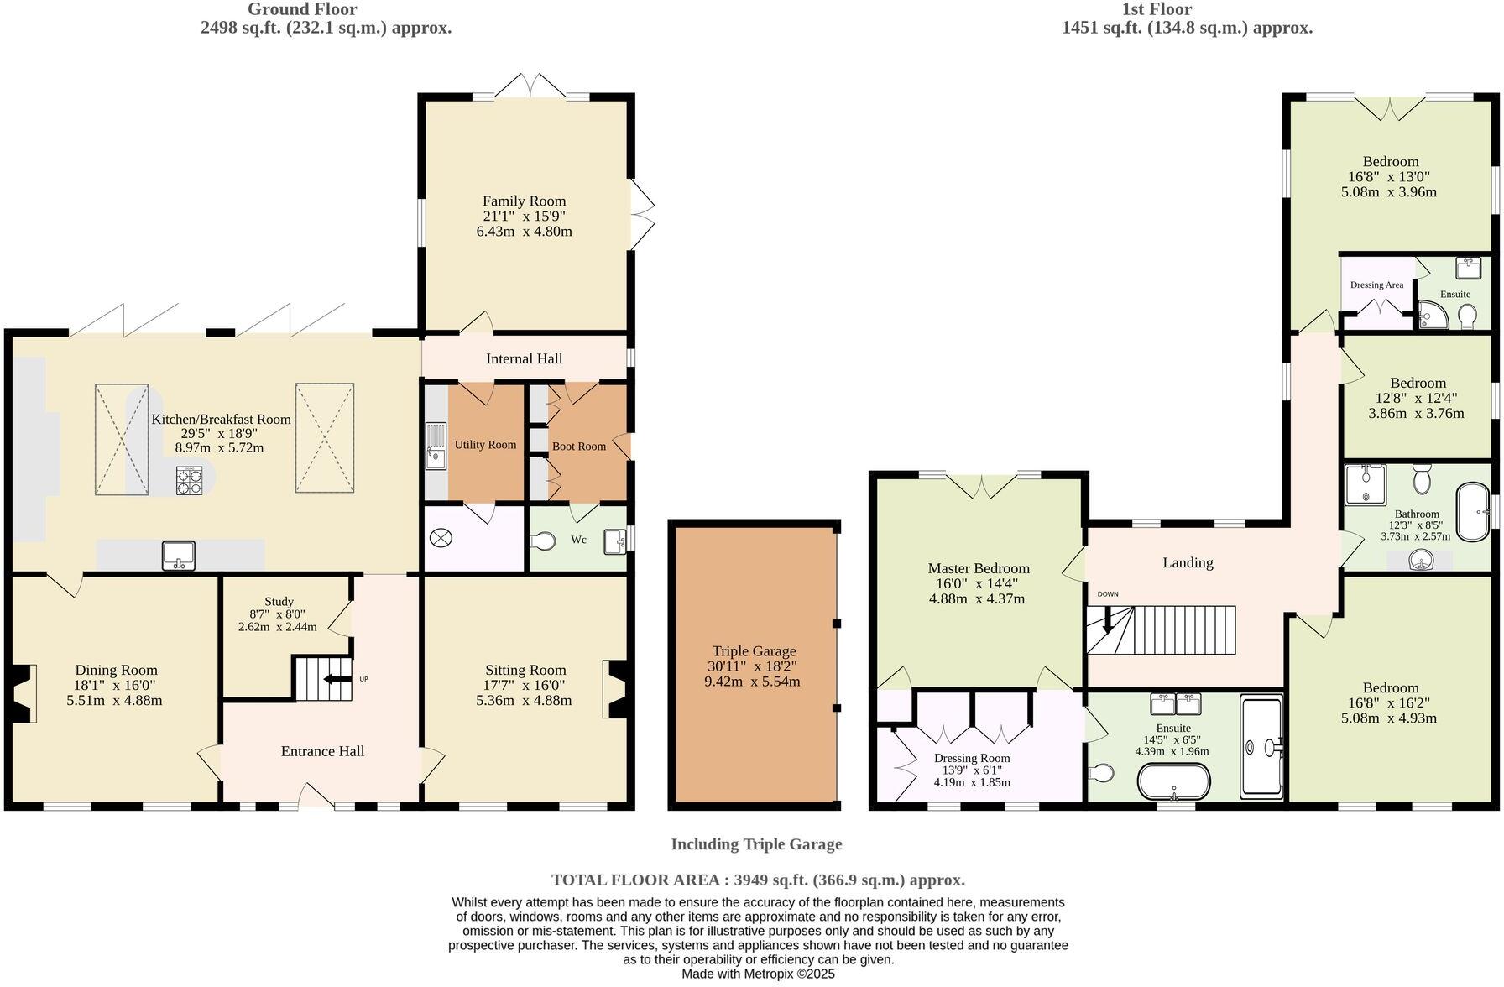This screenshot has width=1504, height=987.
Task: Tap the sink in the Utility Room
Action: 435,445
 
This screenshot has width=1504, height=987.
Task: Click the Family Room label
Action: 524,201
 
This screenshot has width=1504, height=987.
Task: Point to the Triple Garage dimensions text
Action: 752,674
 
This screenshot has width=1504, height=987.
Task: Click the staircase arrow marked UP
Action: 337,679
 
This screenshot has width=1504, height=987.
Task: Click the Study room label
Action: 279,602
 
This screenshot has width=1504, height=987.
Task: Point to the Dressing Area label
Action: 1376,285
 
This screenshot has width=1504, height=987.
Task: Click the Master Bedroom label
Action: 978,569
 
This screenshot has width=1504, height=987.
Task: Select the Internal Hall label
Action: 524,358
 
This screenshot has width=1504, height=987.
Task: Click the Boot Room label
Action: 578,446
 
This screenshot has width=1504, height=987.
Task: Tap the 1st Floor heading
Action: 1157,9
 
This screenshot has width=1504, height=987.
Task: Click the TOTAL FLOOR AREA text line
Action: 758,880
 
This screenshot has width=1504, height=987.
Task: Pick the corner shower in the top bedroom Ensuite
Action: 1430,315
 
